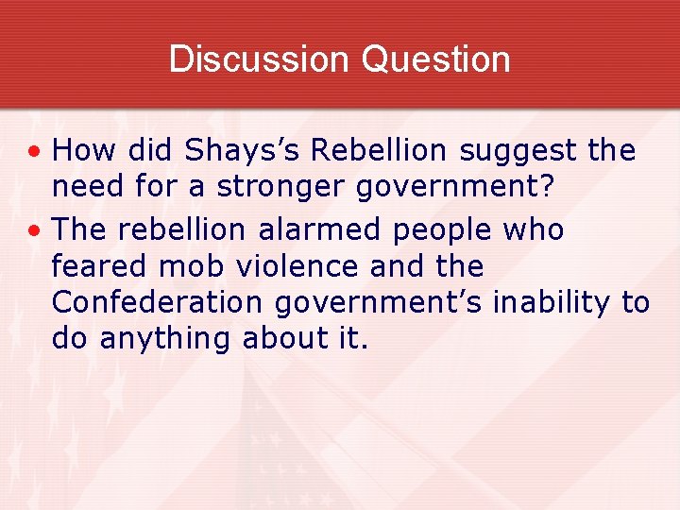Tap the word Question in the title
tap(435, 59)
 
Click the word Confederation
tap(156, 302)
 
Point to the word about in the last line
tap(280, 338)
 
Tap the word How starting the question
tap(82, 150)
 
